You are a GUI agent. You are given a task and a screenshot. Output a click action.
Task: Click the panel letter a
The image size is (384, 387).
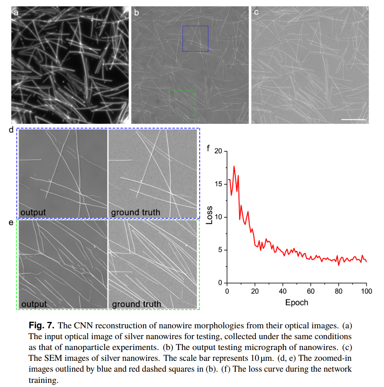pyautogui.click(x=16, y=13)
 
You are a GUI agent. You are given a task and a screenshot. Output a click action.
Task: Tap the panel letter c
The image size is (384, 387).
pyautogui.click(x=256, y=13)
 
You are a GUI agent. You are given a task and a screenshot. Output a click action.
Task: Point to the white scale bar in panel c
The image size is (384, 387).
pyautogui.click(x=353, y=120)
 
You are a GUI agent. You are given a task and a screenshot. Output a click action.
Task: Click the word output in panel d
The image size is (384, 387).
pyautogui.click(x=33, y=212)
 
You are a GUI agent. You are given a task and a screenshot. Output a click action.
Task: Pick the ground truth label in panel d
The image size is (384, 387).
pyautogui.click(x=135, y=212)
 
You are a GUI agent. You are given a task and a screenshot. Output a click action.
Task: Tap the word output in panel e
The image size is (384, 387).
pyautogui.click(x=34, y=304)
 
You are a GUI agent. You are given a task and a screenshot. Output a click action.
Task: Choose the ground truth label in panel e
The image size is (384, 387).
pyautogui.click(x=136, y=304)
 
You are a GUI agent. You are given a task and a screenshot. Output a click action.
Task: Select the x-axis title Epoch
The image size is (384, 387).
pyautogui.click(x=297, y=302)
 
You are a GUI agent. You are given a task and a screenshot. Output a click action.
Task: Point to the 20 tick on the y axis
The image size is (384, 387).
pyautogui.click(x=218, y=151)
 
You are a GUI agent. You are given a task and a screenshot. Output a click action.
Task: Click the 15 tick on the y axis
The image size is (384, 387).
pyautogui.click(x=218, y=184)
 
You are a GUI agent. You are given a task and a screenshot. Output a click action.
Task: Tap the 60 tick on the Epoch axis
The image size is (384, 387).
pyautogui.click(x=310, y=291)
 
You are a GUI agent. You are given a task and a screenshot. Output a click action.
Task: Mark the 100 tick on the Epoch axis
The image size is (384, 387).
pyautogui.click(x=366, y=291)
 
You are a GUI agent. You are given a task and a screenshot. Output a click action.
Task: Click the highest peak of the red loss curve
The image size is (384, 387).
pyautogui.click(x=234, y=166)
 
